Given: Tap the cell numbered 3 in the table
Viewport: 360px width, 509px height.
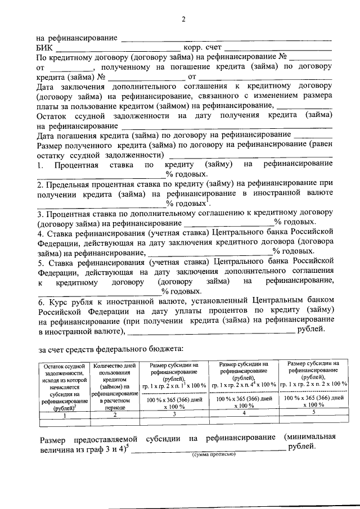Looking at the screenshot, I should [174, 414].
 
